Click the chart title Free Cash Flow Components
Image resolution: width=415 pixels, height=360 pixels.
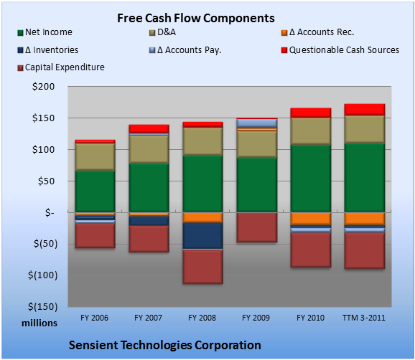point(196,18)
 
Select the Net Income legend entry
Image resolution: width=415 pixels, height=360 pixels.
point(45,32)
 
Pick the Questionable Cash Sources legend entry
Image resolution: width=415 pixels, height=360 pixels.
point(340,50)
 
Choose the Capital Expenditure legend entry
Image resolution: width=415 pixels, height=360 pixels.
point(61,67)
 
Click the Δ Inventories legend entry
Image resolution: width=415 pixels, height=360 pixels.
point(48,50)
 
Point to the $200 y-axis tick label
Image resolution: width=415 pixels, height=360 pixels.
point(43,87)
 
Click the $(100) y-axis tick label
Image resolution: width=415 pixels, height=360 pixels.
point(42,275)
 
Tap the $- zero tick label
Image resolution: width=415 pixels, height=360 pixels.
point(50,212)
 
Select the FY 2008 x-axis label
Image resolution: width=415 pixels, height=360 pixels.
point(202,318)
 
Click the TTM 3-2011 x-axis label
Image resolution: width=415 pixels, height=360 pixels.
point(364,318)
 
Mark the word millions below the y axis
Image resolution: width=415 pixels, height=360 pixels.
point(39,323)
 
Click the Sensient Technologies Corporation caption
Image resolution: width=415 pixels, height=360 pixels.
point(165,345)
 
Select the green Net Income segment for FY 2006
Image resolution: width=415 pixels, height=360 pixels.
point(95,191)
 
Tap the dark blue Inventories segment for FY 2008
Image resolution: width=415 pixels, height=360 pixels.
point(202,236)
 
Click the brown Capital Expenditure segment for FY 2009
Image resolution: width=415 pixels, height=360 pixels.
point(257,227)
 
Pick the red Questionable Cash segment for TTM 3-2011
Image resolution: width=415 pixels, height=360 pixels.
point(365,110)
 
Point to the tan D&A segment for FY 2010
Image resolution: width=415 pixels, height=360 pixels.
point(311,131)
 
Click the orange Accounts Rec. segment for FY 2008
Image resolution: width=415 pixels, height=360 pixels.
point(202,217)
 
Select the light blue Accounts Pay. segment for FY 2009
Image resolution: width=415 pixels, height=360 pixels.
point(257,123)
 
